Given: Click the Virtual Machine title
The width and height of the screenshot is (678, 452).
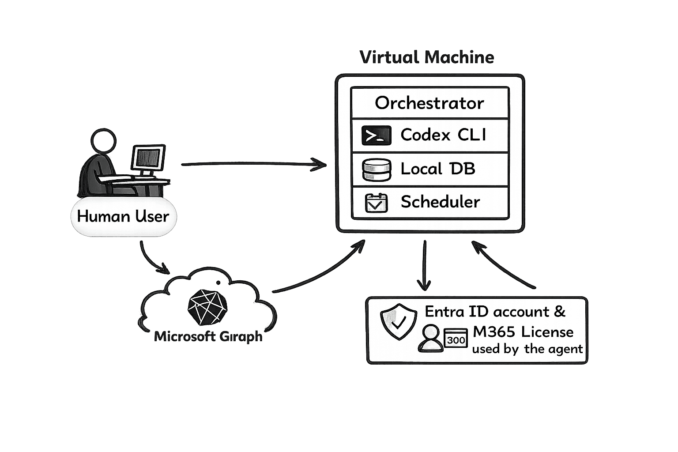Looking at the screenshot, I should click(x=426, y=57).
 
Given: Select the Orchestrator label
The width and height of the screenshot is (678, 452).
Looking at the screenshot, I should click(x=429, y=103).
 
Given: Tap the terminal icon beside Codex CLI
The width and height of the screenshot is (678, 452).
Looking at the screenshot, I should click(x=376, y=136).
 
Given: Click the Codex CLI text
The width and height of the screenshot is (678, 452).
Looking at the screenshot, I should click(x=443, y=135).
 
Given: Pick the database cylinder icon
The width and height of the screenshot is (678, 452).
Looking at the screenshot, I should click(x=377, y=169).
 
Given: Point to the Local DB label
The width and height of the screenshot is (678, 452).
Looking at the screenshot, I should click(x=437, y=169).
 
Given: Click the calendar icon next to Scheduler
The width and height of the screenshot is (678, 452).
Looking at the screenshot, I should click(x=377, y=203).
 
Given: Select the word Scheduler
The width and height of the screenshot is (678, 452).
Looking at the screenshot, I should click(x=440, y=202).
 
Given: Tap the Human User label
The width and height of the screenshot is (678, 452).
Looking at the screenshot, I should click(x=123, y=216).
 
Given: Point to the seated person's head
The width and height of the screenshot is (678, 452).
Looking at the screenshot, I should click(x=103, y=140).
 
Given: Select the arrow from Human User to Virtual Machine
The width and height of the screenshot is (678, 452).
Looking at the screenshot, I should click(x=254, y=165).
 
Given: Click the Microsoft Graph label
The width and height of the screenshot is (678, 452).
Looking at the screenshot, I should click(x=208, y=336).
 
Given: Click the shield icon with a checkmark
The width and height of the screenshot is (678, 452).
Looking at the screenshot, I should click(x=398, y=321).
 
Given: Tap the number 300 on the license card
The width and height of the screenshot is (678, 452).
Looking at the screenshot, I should click(x=456, y=339).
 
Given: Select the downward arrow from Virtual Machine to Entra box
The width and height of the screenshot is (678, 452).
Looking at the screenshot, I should click(x=424, y=265).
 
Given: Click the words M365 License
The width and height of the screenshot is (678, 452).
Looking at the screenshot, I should click(x=523, y=331).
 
